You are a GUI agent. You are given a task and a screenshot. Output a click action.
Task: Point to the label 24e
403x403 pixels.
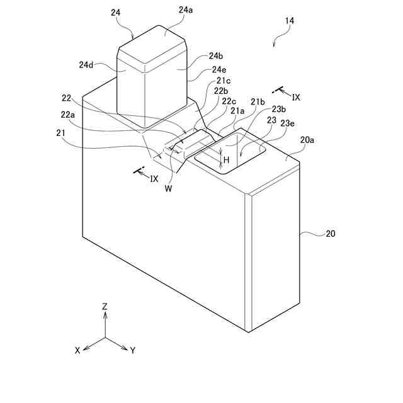220,69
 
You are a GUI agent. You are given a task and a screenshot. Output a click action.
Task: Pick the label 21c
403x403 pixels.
224,81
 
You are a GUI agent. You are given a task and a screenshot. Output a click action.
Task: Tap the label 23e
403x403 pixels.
288,123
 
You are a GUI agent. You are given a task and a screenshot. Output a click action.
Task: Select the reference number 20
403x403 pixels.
330,234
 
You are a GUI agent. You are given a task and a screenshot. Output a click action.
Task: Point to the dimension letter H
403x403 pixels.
226,161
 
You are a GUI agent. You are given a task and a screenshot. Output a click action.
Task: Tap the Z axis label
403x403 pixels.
105,306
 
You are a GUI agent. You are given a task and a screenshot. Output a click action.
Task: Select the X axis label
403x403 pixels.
77,351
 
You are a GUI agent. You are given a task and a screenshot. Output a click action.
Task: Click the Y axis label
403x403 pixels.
133,351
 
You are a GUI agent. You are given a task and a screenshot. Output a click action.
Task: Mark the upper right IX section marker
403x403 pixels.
296,98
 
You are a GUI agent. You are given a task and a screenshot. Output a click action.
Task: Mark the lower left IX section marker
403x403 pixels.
154,178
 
